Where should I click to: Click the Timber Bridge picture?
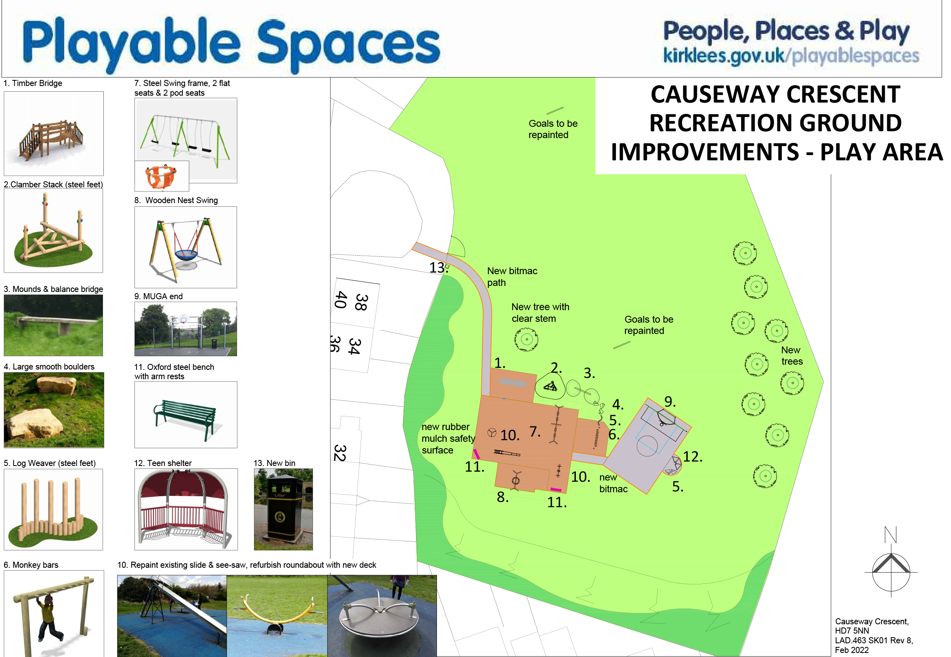[54, 133]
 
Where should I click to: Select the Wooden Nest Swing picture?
[186, 248]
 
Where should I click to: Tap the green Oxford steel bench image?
[186, 415]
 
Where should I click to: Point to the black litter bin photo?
[283, 509]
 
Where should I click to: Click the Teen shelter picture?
[186, 509]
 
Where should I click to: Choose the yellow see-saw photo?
[277, 616]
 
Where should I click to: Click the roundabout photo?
[382, 616]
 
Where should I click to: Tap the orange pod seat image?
[162, 176]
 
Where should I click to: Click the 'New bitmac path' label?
[512, 277]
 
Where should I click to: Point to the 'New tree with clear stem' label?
[540, 313]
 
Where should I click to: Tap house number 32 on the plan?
[340, 453]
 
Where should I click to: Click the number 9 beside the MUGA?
[670, 401]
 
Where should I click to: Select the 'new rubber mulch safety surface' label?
[448, 439]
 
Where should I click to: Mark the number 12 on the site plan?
[693, 457]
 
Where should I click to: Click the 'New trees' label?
[791, 356]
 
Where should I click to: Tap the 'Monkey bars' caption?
[31, 565]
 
